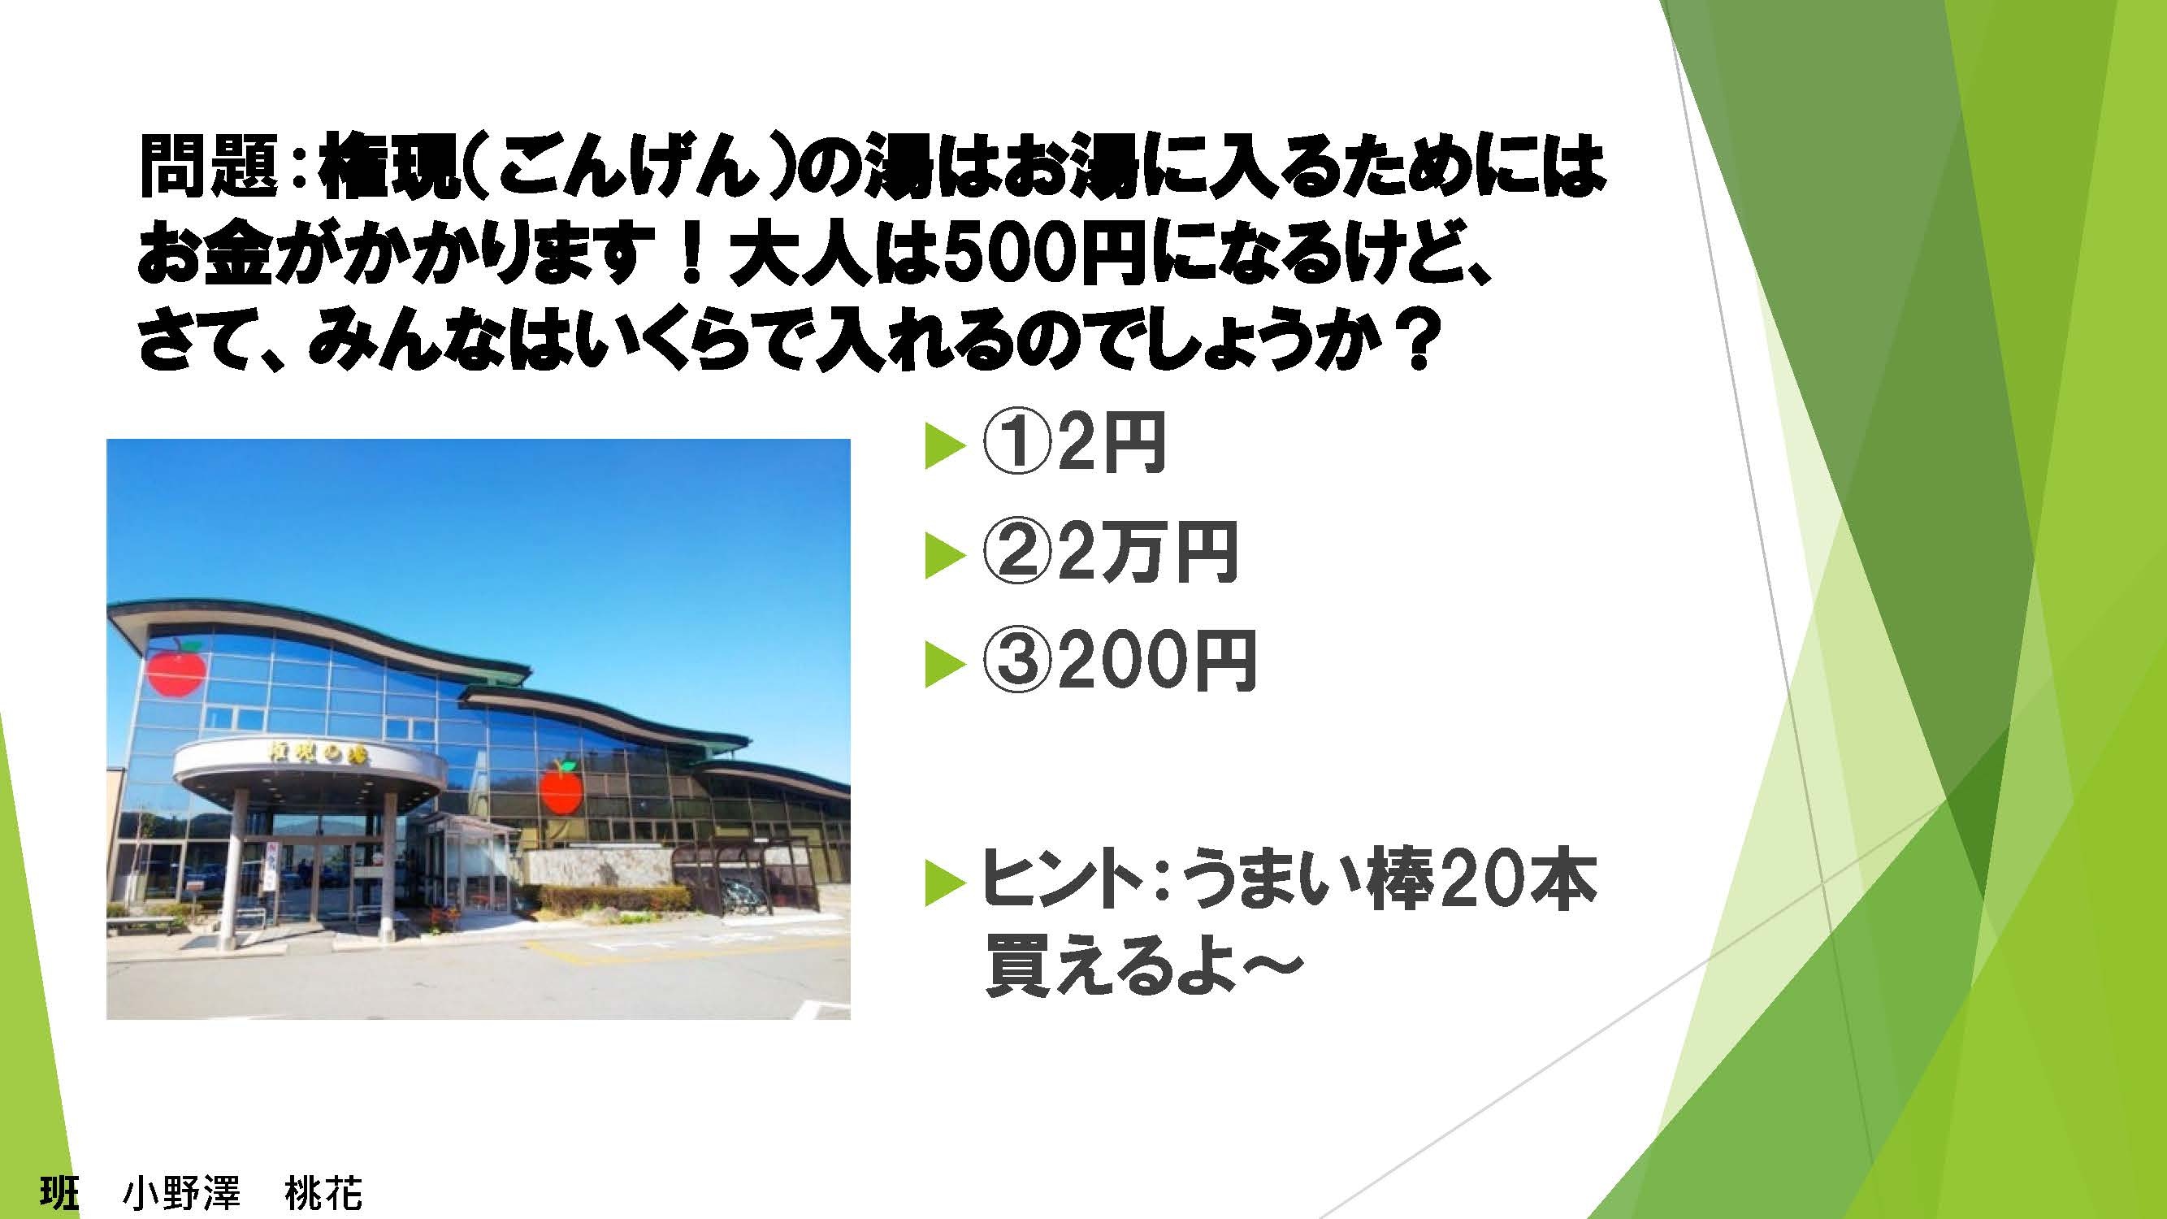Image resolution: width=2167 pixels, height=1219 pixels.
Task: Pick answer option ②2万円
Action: (1108, 553)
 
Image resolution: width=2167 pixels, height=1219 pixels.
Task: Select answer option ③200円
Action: (1118, 662)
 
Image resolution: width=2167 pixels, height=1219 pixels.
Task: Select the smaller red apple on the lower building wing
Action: (562, 786)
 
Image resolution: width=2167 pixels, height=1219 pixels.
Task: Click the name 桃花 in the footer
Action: (324, 1194)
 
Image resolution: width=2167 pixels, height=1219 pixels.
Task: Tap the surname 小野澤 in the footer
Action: (182, 1194)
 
